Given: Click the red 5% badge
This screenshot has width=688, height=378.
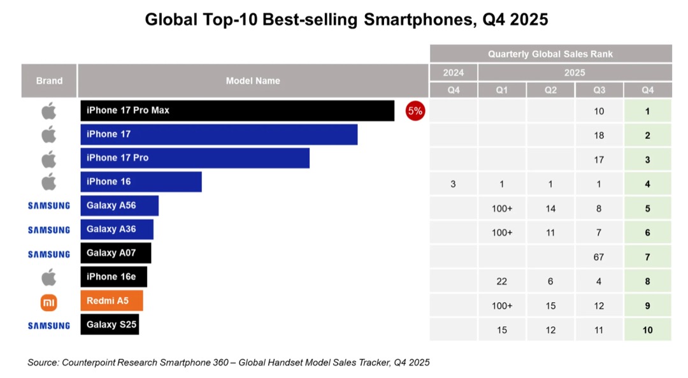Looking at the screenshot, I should tap(415, 111).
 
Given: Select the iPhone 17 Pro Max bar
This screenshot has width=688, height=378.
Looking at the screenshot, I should tap(237, 111).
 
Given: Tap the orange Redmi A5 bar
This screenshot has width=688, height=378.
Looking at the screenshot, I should tap(111, 301).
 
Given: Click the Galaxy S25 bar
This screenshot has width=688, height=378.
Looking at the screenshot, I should tap(109, 324).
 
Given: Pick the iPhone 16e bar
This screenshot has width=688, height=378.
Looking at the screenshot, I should tap(113, 277).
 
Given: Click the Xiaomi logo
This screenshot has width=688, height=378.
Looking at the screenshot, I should tap(49, 302).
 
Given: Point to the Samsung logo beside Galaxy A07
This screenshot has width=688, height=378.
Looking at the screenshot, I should tap(49, 254).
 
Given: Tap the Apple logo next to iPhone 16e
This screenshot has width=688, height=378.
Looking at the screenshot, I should tap(49, 277).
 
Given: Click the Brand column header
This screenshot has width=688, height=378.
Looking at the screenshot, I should tap(49, 81).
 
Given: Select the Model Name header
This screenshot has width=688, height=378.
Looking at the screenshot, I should tap(253, 81).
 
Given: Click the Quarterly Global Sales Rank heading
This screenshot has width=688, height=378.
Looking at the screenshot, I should tap(550, 54).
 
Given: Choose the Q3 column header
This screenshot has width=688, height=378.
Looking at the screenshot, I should tap(599, 90).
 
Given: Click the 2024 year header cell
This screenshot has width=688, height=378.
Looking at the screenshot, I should tap(453, 73).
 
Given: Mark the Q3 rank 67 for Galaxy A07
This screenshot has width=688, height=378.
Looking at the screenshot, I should tap(599, 257).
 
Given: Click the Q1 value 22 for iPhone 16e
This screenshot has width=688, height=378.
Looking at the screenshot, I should tap(502, 281).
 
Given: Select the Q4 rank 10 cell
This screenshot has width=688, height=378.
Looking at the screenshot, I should tap(647, 330).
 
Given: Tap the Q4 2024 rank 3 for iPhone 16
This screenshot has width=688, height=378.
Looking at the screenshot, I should tap(453, 184).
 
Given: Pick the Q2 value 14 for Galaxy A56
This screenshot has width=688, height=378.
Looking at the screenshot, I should tap(550, 208).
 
